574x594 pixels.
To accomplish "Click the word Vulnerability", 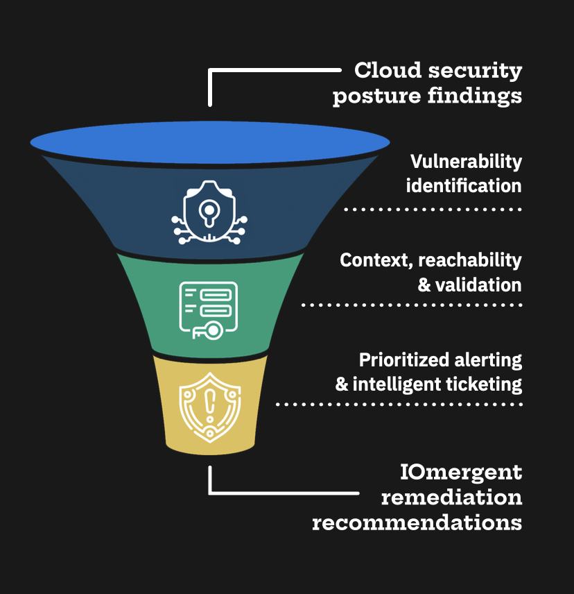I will pos(466,162).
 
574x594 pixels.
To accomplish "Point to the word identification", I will pos(463,186).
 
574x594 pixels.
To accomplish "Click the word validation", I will pos(478,285).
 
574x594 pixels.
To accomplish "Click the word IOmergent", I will pos(461,473).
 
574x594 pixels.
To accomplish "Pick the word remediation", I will pos(451,498).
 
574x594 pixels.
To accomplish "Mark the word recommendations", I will pos(417,523).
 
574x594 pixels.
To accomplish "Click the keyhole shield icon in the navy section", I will pos(209,212).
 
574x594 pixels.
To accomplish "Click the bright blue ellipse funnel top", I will pos(209,142).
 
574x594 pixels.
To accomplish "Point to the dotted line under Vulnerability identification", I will pos(433,208).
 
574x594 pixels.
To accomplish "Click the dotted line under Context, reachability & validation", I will pos(412,305).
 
